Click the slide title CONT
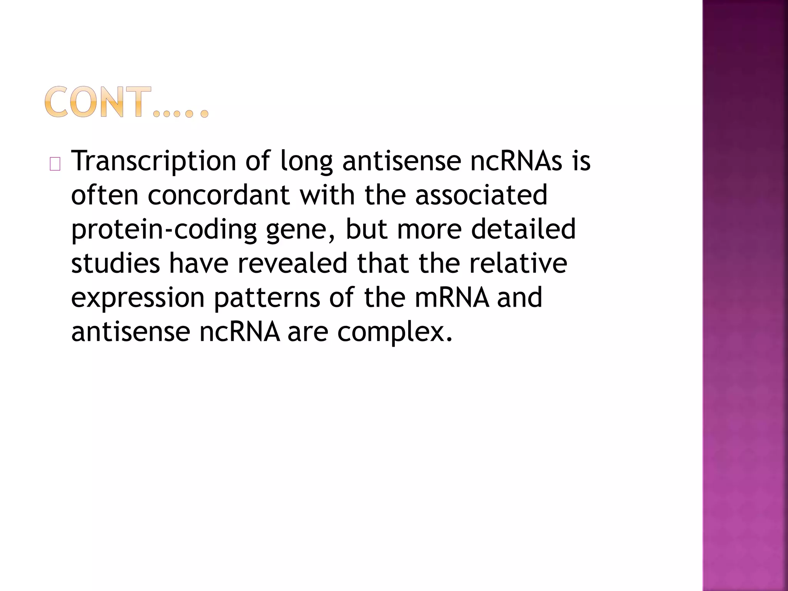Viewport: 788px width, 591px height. click(98, 102)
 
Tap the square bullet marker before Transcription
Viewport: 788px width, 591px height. click(55, 165)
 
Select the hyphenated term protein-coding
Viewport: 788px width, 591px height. click(164, 230)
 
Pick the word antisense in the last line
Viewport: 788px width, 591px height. click(130, 332)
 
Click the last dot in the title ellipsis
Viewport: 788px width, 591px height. click(204, 114)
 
